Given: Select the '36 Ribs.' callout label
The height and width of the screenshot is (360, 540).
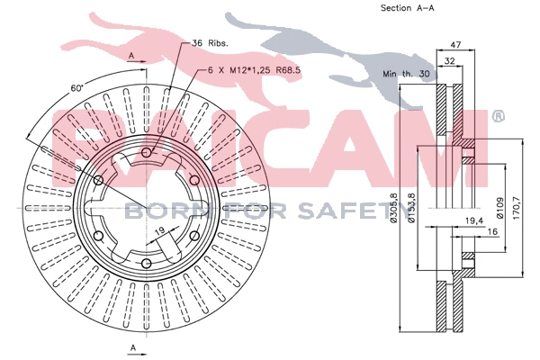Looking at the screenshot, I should pyautogui.click(x=211, y=43).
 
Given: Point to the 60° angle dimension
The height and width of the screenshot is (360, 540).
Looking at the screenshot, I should pyautogui.click(x=78, y=88).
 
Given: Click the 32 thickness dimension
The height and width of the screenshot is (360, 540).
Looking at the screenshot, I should pyautogui.click(x=449, y=61).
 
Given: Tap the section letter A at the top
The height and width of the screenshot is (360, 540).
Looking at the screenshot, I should pyautogui.click(x=132, y=56).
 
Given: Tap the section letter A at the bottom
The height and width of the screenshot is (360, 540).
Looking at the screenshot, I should pyautogui.click(x=132, y=346).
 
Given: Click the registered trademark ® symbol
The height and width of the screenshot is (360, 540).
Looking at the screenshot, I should pyautogui.click(x=497, y=116).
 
